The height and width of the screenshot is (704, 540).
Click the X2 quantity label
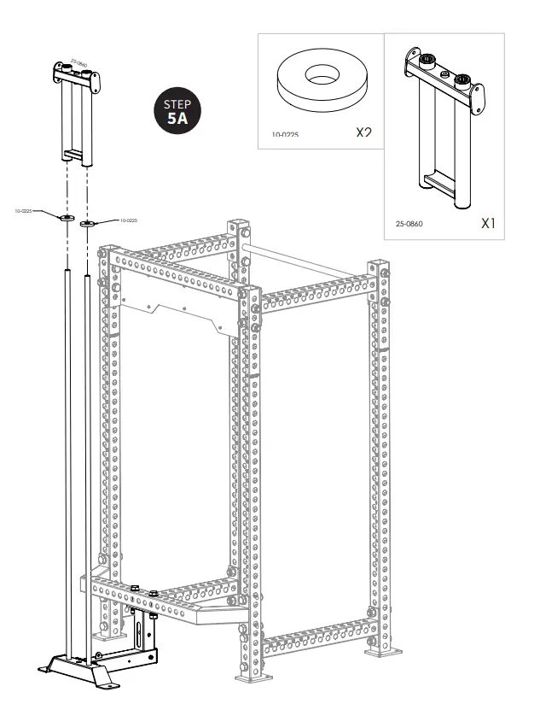364,132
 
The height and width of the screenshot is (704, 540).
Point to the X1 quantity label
487,223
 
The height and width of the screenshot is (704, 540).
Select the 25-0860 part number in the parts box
409,224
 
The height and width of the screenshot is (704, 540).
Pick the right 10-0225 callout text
129,220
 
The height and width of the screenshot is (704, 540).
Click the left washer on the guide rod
67,219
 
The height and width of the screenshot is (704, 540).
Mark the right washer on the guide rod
87,224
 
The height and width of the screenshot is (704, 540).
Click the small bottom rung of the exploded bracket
73,155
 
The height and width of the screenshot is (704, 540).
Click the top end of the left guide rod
67,273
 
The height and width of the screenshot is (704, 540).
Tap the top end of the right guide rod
87,277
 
